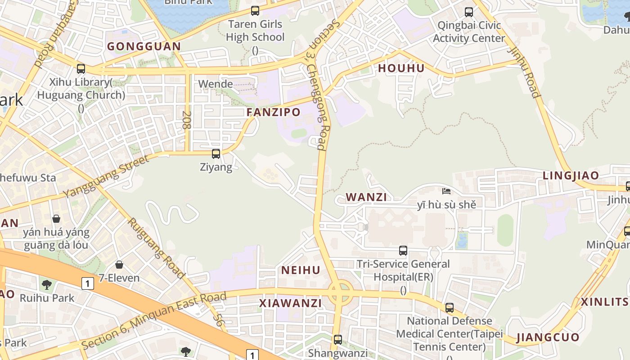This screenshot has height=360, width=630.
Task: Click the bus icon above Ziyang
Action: point(216,154)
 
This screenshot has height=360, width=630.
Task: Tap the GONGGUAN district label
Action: point(144,46)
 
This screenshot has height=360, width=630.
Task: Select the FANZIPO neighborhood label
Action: point(274,112)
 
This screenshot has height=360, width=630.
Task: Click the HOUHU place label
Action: point(401,68)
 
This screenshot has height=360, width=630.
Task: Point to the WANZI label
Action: point(366,197)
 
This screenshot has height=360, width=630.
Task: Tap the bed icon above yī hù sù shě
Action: point(446,191)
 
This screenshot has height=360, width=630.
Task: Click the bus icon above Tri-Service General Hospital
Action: point(403,251)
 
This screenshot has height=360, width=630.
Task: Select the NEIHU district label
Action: point(301,270)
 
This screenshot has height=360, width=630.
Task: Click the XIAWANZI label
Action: point(291,303)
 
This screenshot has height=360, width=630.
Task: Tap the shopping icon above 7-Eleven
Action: point(119,265)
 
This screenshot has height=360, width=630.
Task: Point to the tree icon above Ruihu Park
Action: point(47,284)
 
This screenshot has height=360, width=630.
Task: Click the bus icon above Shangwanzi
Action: point(337,340)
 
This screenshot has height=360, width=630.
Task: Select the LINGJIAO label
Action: point(571,175)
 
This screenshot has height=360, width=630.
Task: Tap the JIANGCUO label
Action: point(548,337)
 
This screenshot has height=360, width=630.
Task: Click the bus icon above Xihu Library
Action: point(81,69)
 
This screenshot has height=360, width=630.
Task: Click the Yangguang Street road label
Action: point(106,177)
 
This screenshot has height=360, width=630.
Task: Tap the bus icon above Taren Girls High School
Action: point(255,11)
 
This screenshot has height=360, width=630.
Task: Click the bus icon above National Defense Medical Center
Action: point(449,308)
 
